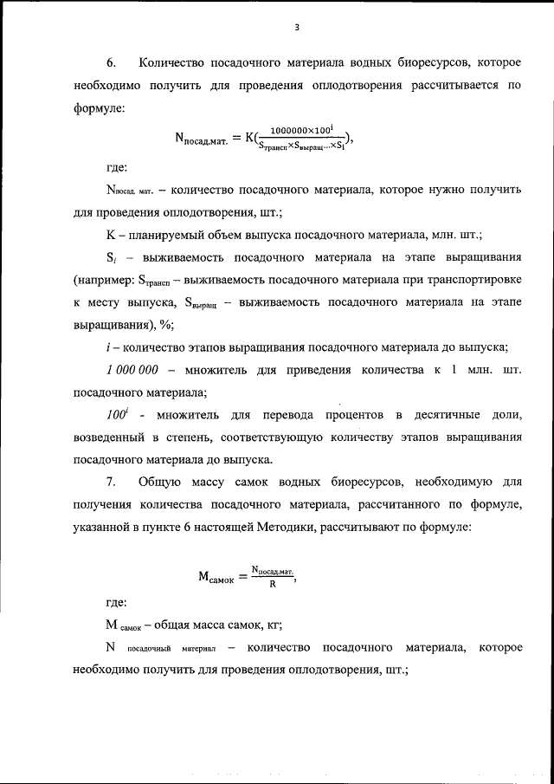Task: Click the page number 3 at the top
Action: (x=296, y=27)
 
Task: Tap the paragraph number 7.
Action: (x=110, y=481)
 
